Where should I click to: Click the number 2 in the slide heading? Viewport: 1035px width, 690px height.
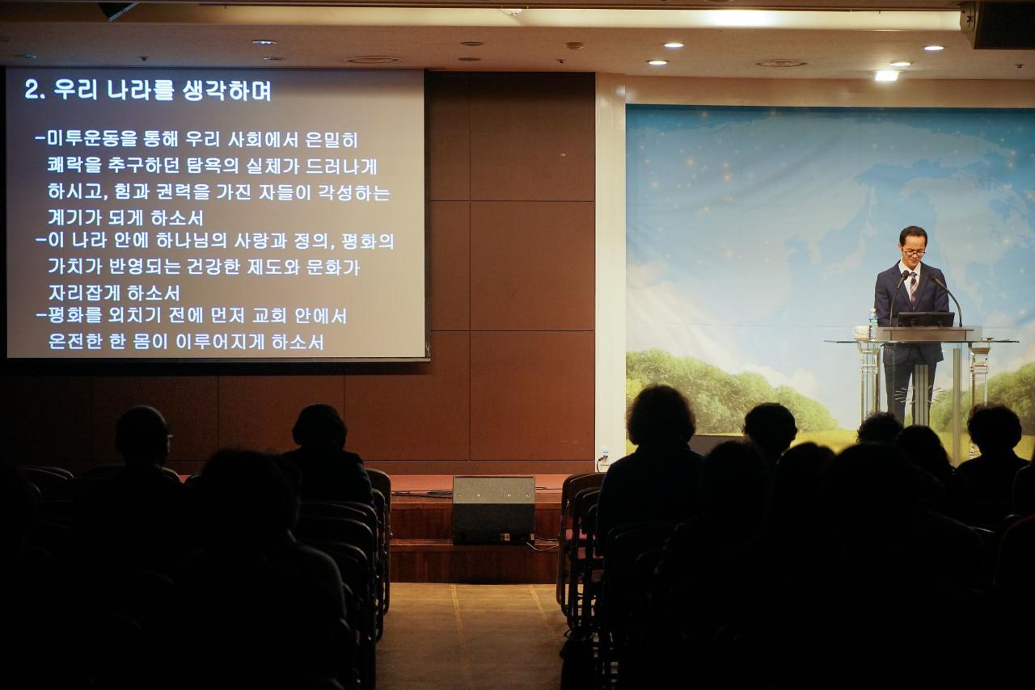pyautogui.click(x=32, y=89)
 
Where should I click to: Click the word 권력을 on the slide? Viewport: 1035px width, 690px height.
pyautogui.click(x=183, y=191)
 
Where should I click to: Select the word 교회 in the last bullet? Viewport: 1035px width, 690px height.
pyautogui.click(x=269, y=316)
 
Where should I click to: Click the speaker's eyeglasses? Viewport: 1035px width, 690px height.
pyautogui.click(x=914, y=253)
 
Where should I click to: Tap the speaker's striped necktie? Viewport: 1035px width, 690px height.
pyautogui.click(x=914, y=288)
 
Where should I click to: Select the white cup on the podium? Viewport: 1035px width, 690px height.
pyautogui.click(x=860, y=333)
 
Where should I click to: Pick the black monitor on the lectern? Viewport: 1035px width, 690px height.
pyautogui.click(x=926, y=319)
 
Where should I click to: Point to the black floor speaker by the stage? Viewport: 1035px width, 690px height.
pyautogui.click(x=493, y=509)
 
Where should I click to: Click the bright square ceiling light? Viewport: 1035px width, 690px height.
pyautogui.click(x=886, y=75)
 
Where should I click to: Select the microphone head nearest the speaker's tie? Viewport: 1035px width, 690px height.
pyautogui.click(x=904, y=275)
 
